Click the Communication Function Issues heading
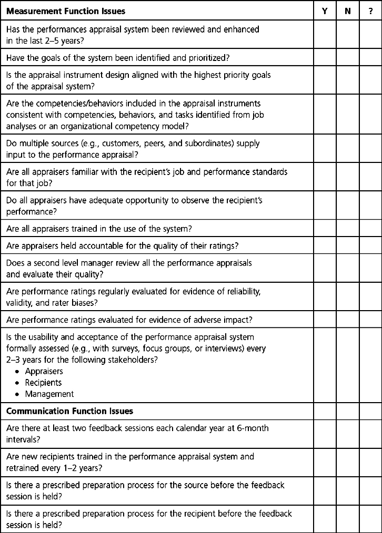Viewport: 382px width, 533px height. click(x=69, y=411)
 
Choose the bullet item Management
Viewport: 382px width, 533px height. click(x=53, y=394)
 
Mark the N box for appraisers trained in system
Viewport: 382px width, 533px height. click(x=348, y=229)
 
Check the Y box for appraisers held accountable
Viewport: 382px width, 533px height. click(x=325, y=245)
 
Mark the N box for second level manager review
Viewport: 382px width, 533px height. click(x=348, y=268)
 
